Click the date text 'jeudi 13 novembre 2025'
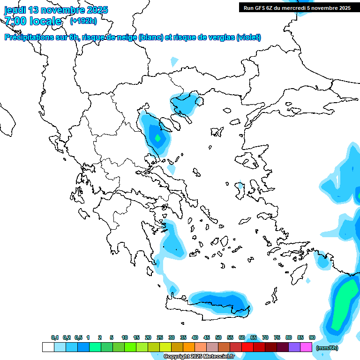56,10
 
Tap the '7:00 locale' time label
33,21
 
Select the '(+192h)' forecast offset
83,21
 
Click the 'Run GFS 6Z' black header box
297,7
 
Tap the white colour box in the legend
48,347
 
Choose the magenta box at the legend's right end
306,347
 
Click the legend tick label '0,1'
55,337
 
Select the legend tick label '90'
312,337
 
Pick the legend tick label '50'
218,337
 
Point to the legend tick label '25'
160,337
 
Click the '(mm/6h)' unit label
327,348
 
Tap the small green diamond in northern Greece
158,138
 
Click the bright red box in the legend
247,347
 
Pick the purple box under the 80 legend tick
294,347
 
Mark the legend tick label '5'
112,337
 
